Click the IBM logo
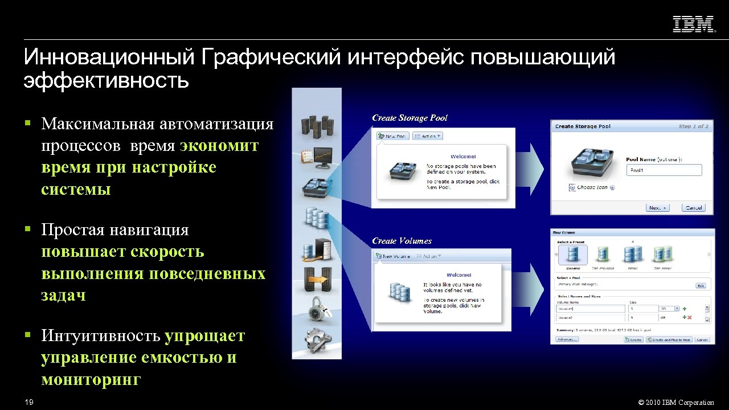694,24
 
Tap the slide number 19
29,403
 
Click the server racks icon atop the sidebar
316,125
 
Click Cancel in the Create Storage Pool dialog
693,208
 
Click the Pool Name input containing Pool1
664,170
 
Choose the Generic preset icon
573,255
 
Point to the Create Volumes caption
402,241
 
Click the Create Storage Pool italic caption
409,118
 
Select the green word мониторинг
90,380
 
